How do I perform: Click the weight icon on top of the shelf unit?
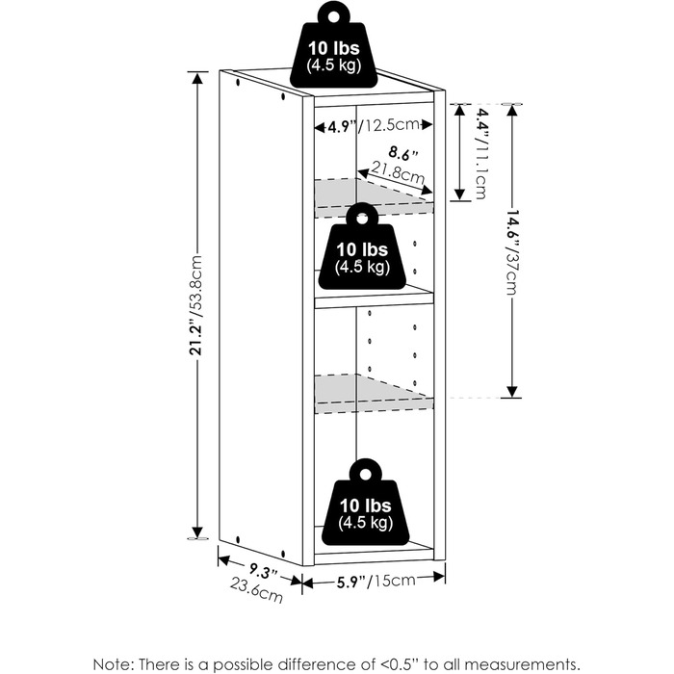pos(333,44)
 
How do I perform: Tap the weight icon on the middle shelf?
pos(362,246)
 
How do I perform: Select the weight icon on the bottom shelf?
pos(365,502)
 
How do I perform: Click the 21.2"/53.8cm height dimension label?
pos(195,305)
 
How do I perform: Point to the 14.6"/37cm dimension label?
pos(511,252)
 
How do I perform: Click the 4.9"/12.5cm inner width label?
pos(374,125)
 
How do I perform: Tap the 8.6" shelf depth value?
pos(403,153)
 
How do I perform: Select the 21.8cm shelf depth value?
pos(398,172)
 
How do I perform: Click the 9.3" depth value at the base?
pos(264,571)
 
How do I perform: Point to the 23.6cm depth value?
pos(257,590)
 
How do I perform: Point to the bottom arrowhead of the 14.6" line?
pos(511,392)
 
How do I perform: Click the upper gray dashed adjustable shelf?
pos(374,197)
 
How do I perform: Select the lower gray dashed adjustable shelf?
pos(374,393)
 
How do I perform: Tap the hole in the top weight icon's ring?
pos(333,16)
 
